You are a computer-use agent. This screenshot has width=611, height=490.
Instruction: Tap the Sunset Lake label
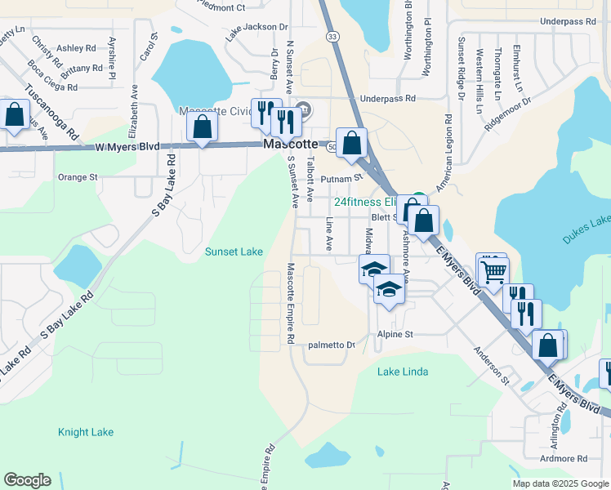[234, 252]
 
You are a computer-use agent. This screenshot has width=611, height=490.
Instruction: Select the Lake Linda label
[403, 372]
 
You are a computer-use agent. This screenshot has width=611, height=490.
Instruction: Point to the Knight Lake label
[86, 432]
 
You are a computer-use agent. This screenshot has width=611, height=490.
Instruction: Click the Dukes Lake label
[586, 229]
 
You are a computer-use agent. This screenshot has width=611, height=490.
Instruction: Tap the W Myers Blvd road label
[127, 147]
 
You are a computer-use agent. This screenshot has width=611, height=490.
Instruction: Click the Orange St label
[78, 176]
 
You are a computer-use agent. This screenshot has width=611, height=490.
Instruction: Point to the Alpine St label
[395, 334]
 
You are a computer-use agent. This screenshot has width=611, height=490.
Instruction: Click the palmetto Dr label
[331, 345]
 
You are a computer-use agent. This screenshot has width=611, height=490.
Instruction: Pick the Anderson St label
[493, 364]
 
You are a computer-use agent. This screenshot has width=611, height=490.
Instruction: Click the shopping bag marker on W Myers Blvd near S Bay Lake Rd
[203, 127]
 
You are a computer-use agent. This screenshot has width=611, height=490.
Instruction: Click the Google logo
[27, 480]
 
